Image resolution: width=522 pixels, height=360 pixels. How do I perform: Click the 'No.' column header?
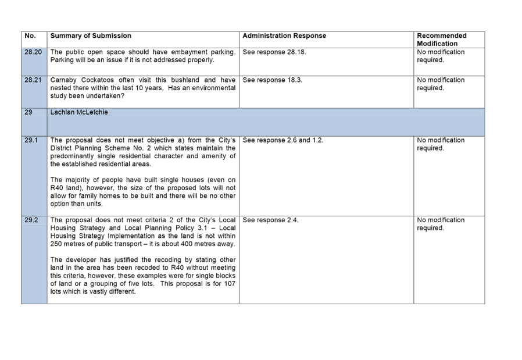(30, 35)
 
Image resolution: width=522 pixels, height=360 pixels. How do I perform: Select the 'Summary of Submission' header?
(91, 35)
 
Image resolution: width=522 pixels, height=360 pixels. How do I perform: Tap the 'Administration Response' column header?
(284, 35)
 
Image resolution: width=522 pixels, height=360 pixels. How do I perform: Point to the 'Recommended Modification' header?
(441, 40)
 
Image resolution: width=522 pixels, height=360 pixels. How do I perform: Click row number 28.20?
(33, 52)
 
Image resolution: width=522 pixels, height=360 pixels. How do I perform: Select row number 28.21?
(33, 80)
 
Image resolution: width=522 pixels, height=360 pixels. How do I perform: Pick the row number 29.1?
(31, 140)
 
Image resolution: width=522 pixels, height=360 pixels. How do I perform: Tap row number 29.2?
(31, 220)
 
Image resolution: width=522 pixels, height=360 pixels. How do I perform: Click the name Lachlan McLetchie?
(79, 112)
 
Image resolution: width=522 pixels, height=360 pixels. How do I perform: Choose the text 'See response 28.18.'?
(274, 52)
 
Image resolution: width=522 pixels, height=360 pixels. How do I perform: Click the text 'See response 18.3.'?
(272, 80)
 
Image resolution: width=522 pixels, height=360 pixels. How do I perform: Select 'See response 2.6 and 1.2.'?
(283, 140)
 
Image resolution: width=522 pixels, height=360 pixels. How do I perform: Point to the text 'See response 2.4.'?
(270, 220)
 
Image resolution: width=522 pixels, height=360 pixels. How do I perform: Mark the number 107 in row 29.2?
(230, 284)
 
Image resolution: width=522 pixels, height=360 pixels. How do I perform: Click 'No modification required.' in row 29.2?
(441, 224)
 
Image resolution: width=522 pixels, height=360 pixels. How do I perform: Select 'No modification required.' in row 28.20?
(441, 56)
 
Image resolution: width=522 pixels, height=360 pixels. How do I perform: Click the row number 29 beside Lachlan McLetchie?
(28, 112)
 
